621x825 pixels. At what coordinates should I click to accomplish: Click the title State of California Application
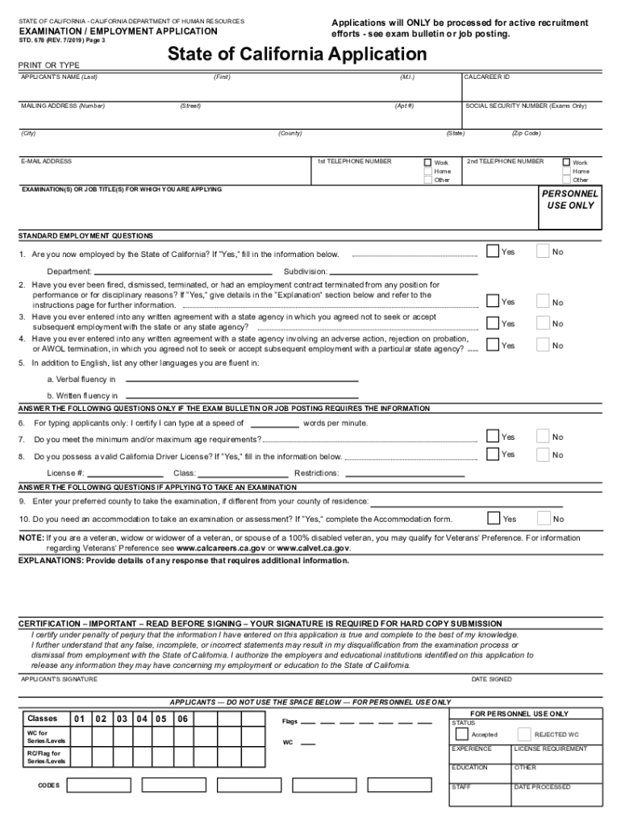coord(297,55)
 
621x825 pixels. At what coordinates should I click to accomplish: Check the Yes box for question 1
coord(493,251)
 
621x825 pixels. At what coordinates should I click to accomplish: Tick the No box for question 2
coord(543,301)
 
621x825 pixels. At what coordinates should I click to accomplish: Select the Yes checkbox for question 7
coord(493,436)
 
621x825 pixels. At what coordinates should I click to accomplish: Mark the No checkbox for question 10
coord(543,518)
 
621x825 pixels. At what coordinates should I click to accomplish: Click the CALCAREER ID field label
coord(487,77)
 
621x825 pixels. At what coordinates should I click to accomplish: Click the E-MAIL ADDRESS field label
coord(47,161)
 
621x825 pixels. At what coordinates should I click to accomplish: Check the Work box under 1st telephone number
coord(428,162)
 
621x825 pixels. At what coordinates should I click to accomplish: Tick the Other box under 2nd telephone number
coord(566,180)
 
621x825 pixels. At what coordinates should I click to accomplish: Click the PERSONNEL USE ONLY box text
coord(569,200)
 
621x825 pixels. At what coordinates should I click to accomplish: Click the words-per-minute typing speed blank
coord(274,424)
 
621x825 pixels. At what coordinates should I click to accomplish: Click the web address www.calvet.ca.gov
coord(313,549)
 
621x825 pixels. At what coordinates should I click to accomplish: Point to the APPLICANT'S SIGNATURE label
coord(58,679)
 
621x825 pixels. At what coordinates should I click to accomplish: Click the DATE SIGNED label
coord(491,679)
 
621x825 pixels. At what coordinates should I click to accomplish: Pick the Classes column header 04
coord(142,719)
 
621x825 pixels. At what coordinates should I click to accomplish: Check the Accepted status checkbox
coord(461,734)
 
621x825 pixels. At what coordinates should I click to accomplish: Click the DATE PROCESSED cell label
coord(542,786)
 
